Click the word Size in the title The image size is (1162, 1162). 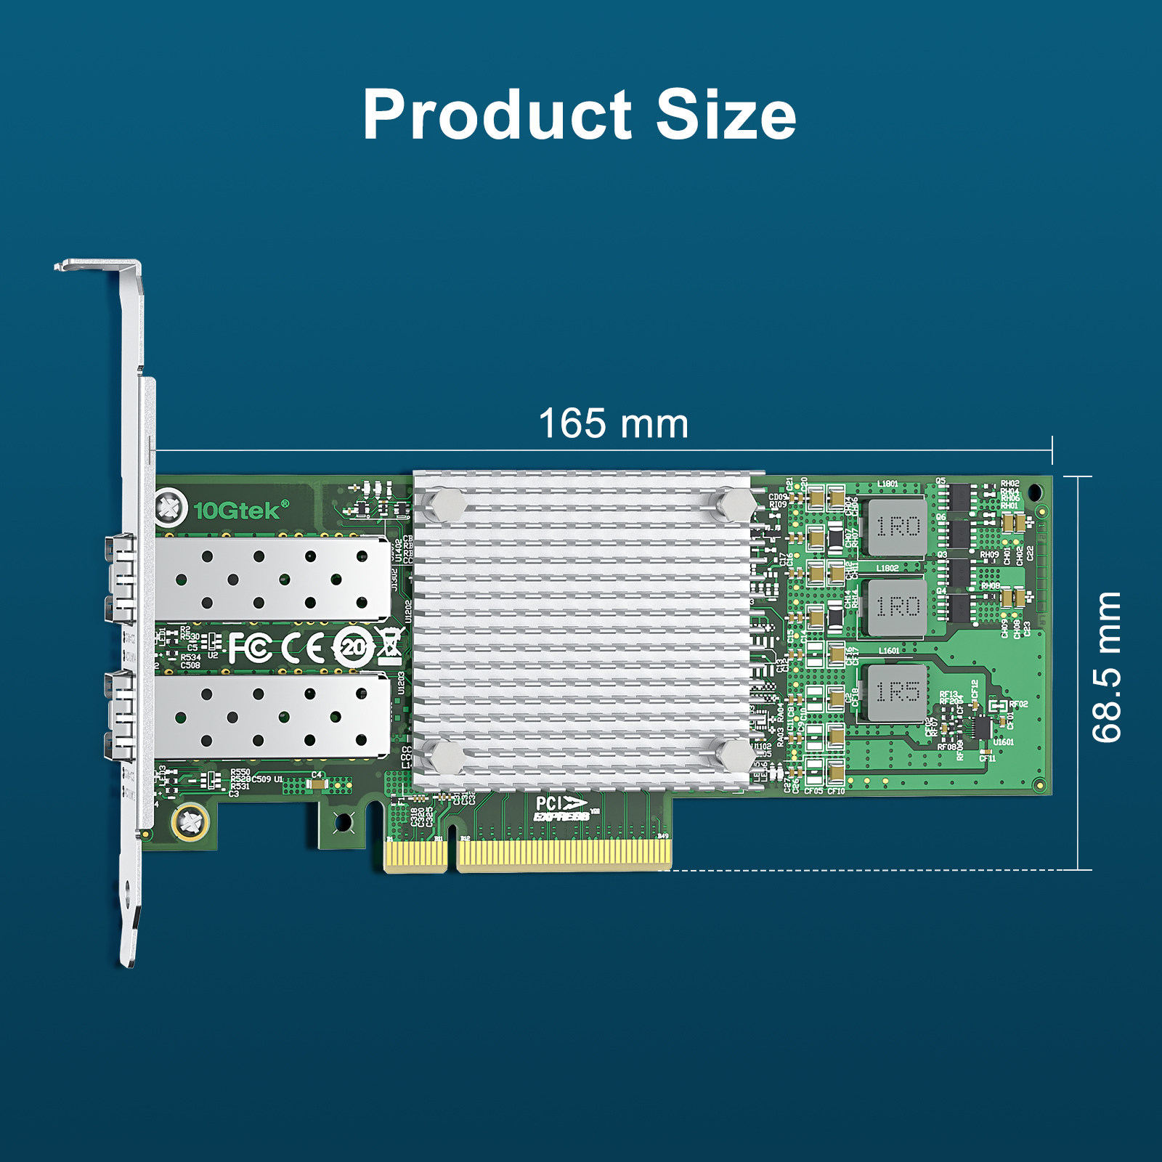point(726,115)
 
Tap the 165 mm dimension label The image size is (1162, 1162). point(614,424)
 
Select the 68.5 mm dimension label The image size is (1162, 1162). point(1107,667)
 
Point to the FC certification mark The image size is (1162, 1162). point(250,648)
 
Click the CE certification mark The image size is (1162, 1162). point(304,648)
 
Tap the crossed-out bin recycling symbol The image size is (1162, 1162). point(390,645)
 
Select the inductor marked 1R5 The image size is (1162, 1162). point(897,692)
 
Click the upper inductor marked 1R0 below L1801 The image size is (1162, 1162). point(897,527)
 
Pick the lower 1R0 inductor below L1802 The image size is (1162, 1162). point(897,606)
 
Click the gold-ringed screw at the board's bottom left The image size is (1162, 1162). point(190,822)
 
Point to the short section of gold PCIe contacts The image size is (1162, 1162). point(415,854)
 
